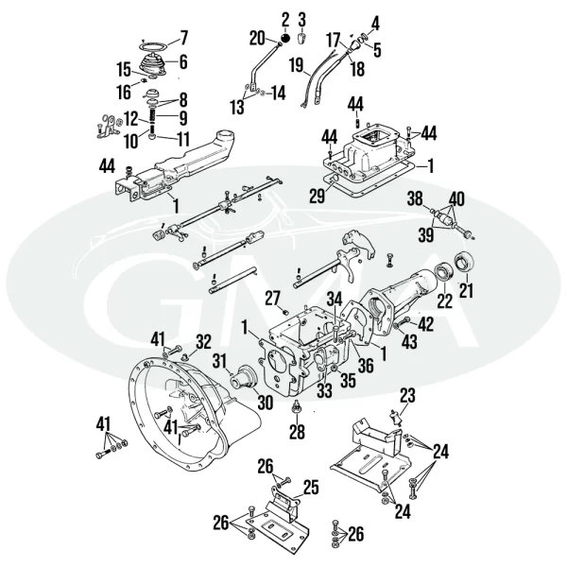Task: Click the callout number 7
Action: point(183,38)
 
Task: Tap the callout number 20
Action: point(257,38)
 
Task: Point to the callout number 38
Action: point(414,199)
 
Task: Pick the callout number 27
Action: point(272,299)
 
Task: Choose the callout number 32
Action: point(204,341)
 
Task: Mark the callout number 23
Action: point(407,395)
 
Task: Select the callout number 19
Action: point(297,66)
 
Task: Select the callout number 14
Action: point(277,93)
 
